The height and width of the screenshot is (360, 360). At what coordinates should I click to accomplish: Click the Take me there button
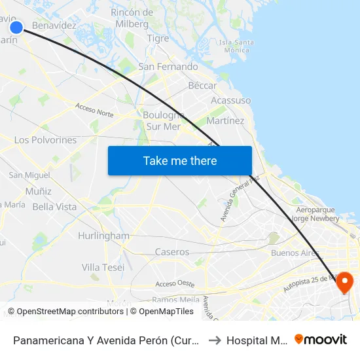(179, 160)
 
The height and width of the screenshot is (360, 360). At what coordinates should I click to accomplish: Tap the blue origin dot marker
(16, 27)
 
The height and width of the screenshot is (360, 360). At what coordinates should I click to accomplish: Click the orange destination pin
(342, 282)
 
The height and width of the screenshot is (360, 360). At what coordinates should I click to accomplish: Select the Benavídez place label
(54, 26)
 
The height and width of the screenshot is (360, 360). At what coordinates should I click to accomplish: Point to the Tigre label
(158, 39)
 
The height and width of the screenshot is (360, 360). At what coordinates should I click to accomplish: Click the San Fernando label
(168, 67)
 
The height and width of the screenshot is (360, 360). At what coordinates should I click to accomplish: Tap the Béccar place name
(202, 86)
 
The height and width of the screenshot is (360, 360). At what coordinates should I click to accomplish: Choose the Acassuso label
(230, 100)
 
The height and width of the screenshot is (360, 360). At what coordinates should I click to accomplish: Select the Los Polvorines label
(45, 140)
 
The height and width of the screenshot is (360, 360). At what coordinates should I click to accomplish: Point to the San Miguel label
(29, 175)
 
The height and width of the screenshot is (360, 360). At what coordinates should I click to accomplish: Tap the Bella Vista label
(54, 207)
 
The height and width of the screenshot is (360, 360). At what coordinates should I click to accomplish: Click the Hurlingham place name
(103, 236)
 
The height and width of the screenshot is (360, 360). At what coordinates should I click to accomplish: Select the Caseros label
(172, 252)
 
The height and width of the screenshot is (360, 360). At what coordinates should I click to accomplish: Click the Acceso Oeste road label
(175, 283)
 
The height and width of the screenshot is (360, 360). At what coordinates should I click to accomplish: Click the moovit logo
(320, 339)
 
